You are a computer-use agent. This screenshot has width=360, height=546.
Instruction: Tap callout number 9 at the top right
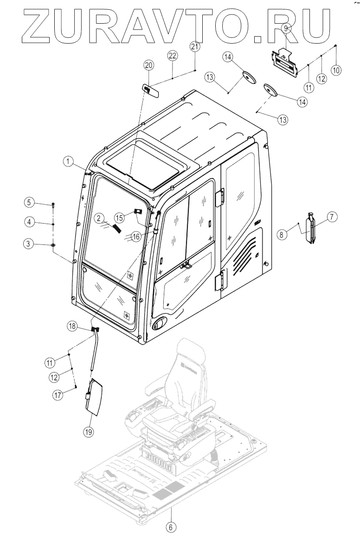pos(286,29)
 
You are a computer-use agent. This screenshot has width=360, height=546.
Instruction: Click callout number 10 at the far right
pos(336,70)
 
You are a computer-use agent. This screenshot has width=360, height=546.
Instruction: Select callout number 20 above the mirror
pos(148,65)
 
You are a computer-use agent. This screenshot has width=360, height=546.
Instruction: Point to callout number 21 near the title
pos(195,46)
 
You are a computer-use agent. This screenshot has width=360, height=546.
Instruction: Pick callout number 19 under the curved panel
pos(89,431)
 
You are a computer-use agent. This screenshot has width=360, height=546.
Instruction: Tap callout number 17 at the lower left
pos(57,396)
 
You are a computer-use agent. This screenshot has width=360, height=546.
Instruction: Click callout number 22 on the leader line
pos(172,56)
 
